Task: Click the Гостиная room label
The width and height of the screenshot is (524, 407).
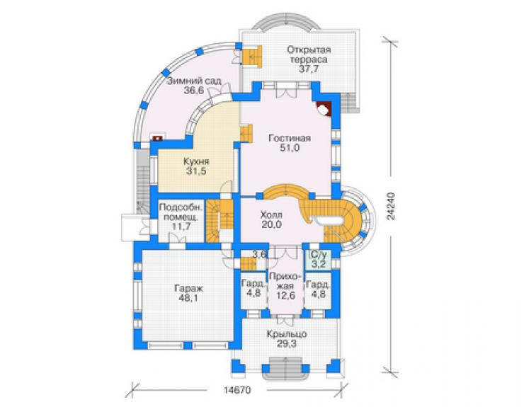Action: coord(290,138)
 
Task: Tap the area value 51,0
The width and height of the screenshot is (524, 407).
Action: coord(290,148)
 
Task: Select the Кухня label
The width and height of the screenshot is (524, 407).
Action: coord(196,161)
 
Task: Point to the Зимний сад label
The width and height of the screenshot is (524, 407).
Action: coord(194,81)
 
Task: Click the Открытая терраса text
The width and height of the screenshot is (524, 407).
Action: coord(309,55)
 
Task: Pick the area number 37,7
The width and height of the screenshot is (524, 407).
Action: coord(309,69)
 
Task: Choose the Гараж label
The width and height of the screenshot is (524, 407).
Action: coord(188,287)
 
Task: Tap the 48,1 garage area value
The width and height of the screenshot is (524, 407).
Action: coord(188,297)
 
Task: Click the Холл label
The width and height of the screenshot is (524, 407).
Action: coord(271,214)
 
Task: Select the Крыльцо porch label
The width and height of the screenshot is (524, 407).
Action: coord(287,334)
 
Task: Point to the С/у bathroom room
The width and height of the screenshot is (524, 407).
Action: coord(319,260)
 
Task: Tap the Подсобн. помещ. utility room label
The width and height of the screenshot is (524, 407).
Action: coord(181,212)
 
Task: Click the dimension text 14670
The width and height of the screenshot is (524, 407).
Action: coord(237,390)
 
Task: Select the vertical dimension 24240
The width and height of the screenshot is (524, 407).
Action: coord(392,206)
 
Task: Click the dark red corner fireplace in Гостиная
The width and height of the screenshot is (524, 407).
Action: coord(324,109)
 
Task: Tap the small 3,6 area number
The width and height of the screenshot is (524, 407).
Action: coord(260,255)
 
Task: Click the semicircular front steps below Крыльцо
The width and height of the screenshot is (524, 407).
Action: coord(286,369)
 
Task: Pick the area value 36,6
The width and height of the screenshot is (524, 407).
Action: coord(194,90)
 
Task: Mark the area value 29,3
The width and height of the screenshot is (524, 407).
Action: coord(286,343)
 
